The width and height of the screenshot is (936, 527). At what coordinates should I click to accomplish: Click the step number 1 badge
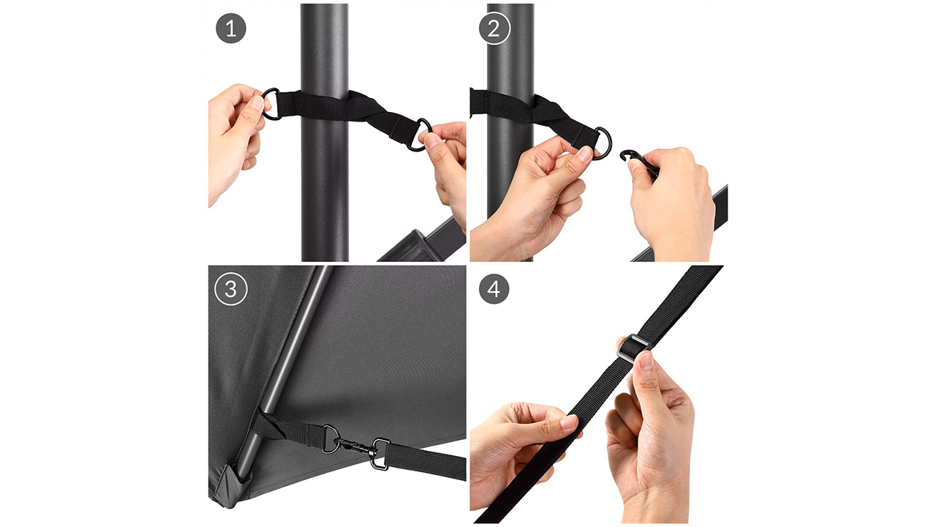pyautogui.click(x=230, y=29)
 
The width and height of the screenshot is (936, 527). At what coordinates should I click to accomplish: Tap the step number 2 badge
pyautogui.click(x=494, y=29)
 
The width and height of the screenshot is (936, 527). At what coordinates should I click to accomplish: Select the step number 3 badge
pyautogui.click(x=230, y=289)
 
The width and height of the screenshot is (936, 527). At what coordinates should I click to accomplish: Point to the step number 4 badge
pyautogui.click(x=494, y=289)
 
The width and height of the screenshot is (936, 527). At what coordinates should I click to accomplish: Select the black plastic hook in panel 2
pyautogui.click(x=637, y=160)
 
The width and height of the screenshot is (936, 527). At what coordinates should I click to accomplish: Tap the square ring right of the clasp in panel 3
pyautogui.click(x=380, y=455)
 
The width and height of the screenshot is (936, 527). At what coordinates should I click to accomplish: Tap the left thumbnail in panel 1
pyautogui.click(x=258, y=102)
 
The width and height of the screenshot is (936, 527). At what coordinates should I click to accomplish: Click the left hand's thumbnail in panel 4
pyautogui.click(x=570, y=422)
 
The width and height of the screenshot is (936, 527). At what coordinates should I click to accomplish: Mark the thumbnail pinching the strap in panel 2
pyautogui.click(x=586, y=153)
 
